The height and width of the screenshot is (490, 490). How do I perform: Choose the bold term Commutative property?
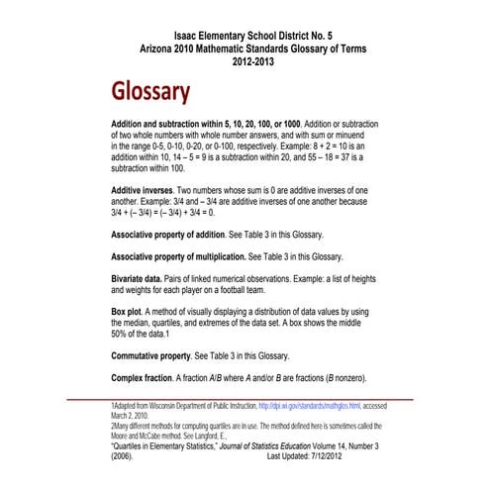162,354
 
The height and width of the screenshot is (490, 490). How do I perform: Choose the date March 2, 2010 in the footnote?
134,417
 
